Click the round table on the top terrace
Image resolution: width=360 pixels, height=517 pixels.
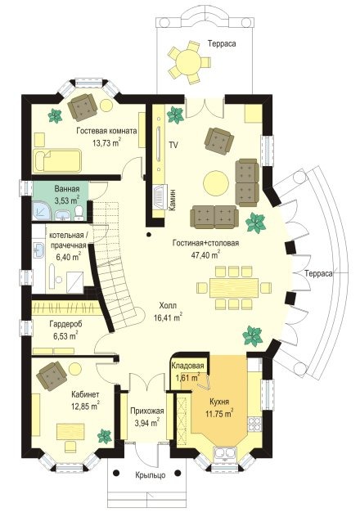(x=188, y=61)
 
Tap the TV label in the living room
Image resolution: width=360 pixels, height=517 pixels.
(x=173, y=145)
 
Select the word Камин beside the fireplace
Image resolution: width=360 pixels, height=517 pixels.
(x=172, y=200)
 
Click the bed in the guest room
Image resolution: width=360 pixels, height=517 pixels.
(x=57, y=161)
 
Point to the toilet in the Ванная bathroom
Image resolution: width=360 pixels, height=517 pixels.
(x=79, y=213)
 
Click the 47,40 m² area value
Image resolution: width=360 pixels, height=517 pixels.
(x=205, y=254)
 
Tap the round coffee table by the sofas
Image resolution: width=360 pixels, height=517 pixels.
(x=216, y=182)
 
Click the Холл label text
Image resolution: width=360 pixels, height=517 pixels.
(x=168, y=306)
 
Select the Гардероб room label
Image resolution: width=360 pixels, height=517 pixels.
(x=65, y=324)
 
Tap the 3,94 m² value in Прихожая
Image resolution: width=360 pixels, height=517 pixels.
(x=145, y=422)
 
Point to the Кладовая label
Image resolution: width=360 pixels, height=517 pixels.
(x=187, y=366)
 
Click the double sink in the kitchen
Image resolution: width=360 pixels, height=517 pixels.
(x=226, y=453)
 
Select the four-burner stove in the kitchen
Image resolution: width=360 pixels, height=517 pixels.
(x=254, y=424)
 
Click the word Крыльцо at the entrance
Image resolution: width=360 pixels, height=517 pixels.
(x=151, y=475)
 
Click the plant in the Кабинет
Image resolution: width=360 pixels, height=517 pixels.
(x=105, y=436)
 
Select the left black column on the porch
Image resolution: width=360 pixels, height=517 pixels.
(x=116, y=473)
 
